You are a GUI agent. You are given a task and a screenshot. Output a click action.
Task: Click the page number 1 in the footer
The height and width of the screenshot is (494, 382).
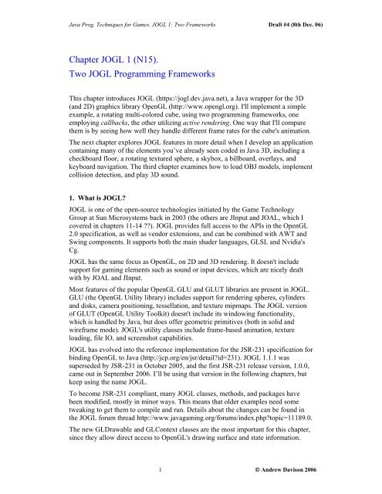click(158, 469)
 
